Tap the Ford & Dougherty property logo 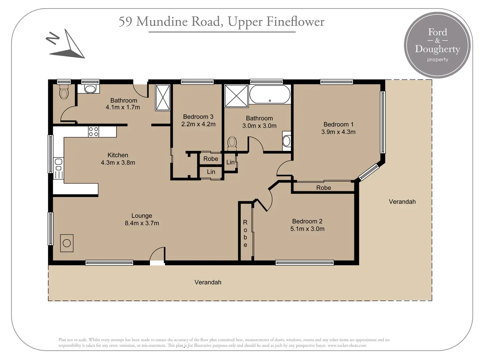[437, 45]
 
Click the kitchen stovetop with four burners [93, 132]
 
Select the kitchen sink [58, 164]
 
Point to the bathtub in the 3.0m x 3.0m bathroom [270, 94]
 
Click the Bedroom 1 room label [338, 124]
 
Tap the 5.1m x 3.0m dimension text [307, 229]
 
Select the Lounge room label [142, 216]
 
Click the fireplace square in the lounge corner [67, 243]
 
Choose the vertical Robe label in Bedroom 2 [245, 233]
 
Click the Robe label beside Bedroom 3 [211, 159]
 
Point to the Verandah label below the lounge [208, 282]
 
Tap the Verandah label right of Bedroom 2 [402, 202]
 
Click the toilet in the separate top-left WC [64, 92]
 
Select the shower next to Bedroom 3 [163, 97]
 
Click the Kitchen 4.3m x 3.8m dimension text [118, 163]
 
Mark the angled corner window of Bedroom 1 [369, 172]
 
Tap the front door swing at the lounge [157, 254]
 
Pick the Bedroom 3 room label [198, 117]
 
